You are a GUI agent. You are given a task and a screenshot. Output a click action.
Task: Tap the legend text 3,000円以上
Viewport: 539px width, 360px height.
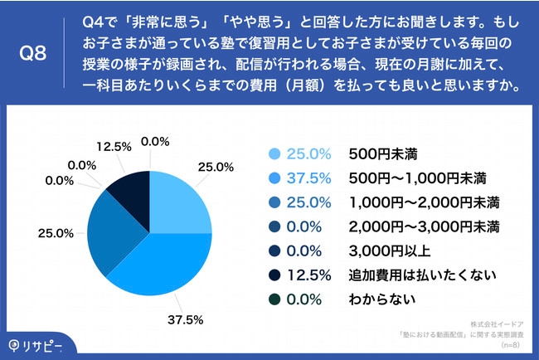click(381, 249)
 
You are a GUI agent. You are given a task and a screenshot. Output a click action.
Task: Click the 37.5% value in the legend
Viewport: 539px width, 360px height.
click(308, 178)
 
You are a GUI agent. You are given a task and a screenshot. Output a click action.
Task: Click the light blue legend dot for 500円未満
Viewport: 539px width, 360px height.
click(274, 153)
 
